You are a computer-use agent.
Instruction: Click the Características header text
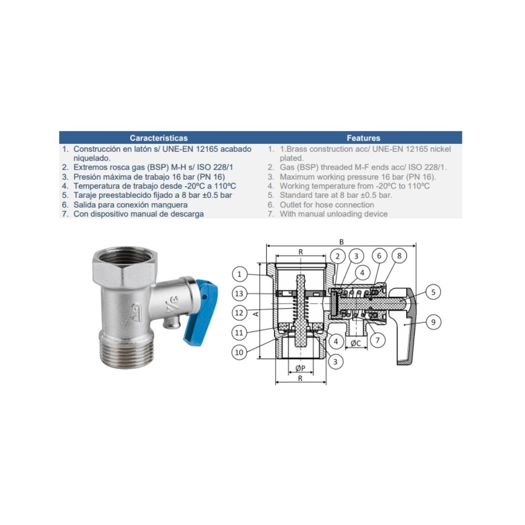(x=159, y=138)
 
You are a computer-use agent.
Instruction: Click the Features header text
(x=363, y=138)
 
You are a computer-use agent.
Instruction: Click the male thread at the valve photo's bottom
(x=126, y=352)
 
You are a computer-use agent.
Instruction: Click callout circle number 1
(x=239, y=274)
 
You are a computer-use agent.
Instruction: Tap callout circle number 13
(x=239, y=293)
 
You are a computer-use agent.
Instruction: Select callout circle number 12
(x=239, y=313)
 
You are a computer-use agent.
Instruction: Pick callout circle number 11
(x=239, y=332)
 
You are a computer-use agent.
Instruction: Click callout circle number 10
(x=239, y=352)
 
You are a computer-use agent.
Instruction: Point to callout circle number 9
(x=433, y=322)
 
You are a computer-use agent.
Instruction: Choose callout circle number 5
(x=433, y=292)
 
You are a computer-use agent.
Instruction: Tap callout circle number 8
(x=399, y=256)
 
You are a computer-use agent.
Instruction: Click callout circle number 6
(x=380, y=256)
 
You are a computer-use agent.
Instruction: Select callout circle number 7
(x=377, y=340)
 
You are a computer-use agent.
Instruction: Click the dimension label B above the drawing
(x=342, y=241)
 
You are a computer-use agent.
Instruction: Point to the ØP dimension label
(x=300, y=369)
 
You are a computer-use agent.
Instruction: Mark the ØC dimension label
(x=355, y=343)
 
